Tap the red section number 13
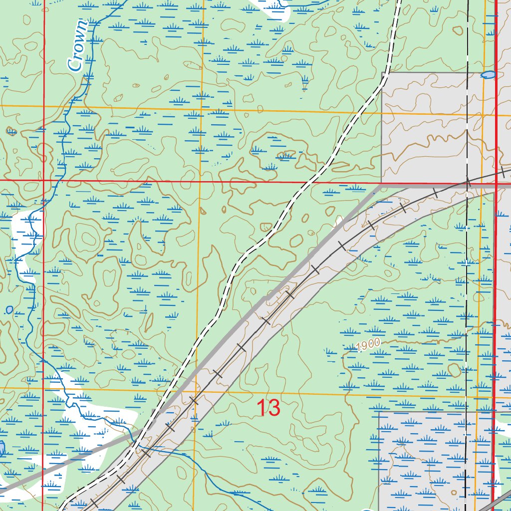point(268,408)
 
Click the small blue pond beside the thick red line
point(488,75)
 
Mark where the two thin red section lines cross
point(43,180)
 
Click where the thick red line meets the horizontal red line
point(496,183)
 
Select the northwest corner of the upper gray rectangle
point(382,73)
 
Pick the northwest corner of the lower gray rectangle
point(379,412)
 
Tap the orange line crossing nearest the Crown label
point(44,106)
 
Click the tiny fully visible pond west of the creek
point(9,310)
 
